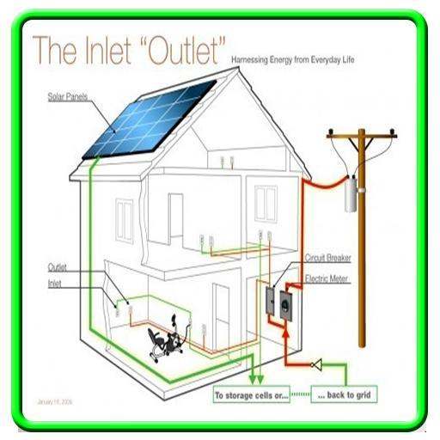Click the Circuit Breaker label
pos(327,258)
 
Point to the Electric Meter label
pos(327,279)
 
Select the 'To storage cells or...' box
pos(251,396)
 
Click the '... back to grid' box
pos(341,396)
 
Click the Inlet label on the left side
pos(55,284)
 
